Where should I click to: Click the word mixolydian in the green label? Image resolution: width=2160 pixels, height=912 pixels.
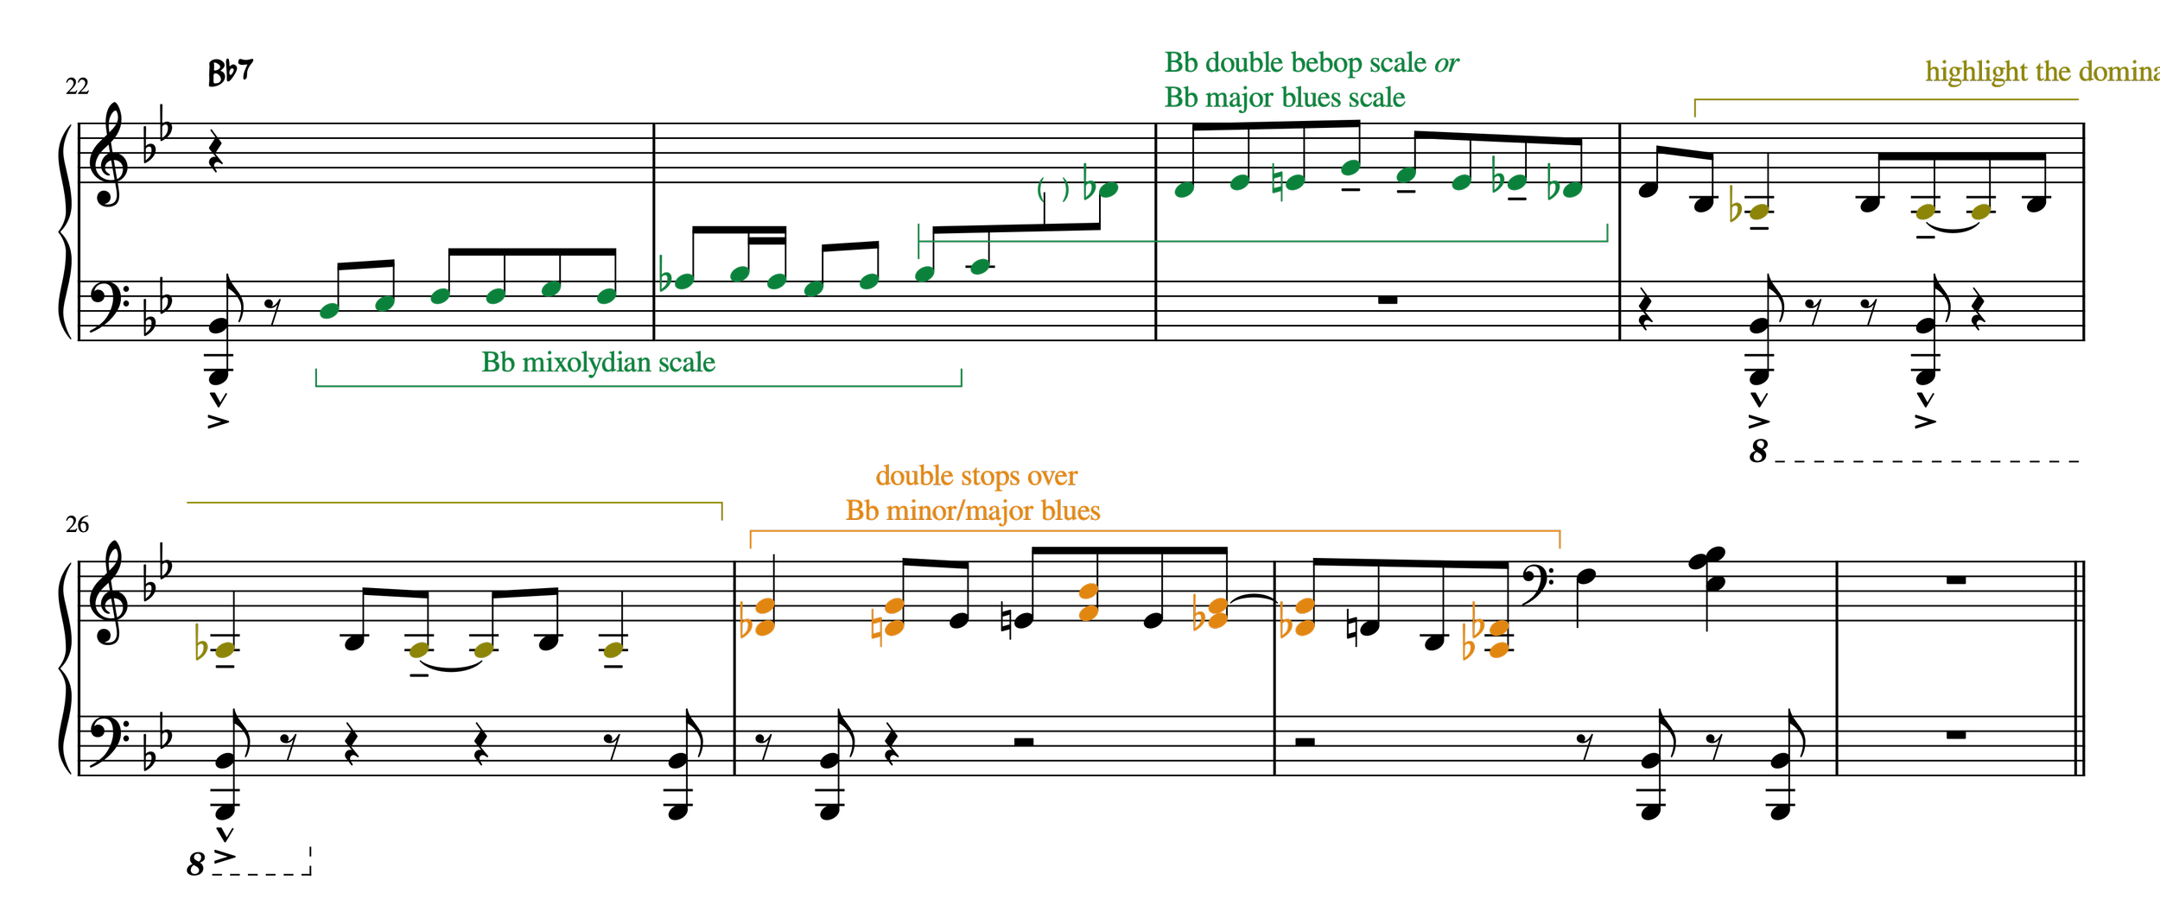587,363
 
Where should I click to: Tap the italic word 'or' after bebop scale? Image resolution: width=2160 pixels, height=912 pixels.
1446,64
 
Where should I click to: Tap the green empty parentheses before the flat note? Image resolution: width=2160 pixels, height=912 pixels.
1052,188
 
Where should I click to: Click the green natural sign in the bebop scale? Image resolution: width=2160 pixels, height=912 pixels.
1277,183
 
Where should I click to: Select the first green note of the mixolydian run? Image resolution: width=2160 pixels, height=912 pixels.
329,311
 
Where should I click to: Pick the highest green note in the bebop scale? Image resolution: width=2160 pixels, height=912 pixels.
1350,168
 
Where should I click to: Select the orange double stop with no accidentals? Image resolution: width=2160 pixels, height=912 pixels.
1089,602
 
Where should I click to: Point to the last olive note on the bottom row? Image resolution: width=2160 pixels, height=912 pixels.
613,649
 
